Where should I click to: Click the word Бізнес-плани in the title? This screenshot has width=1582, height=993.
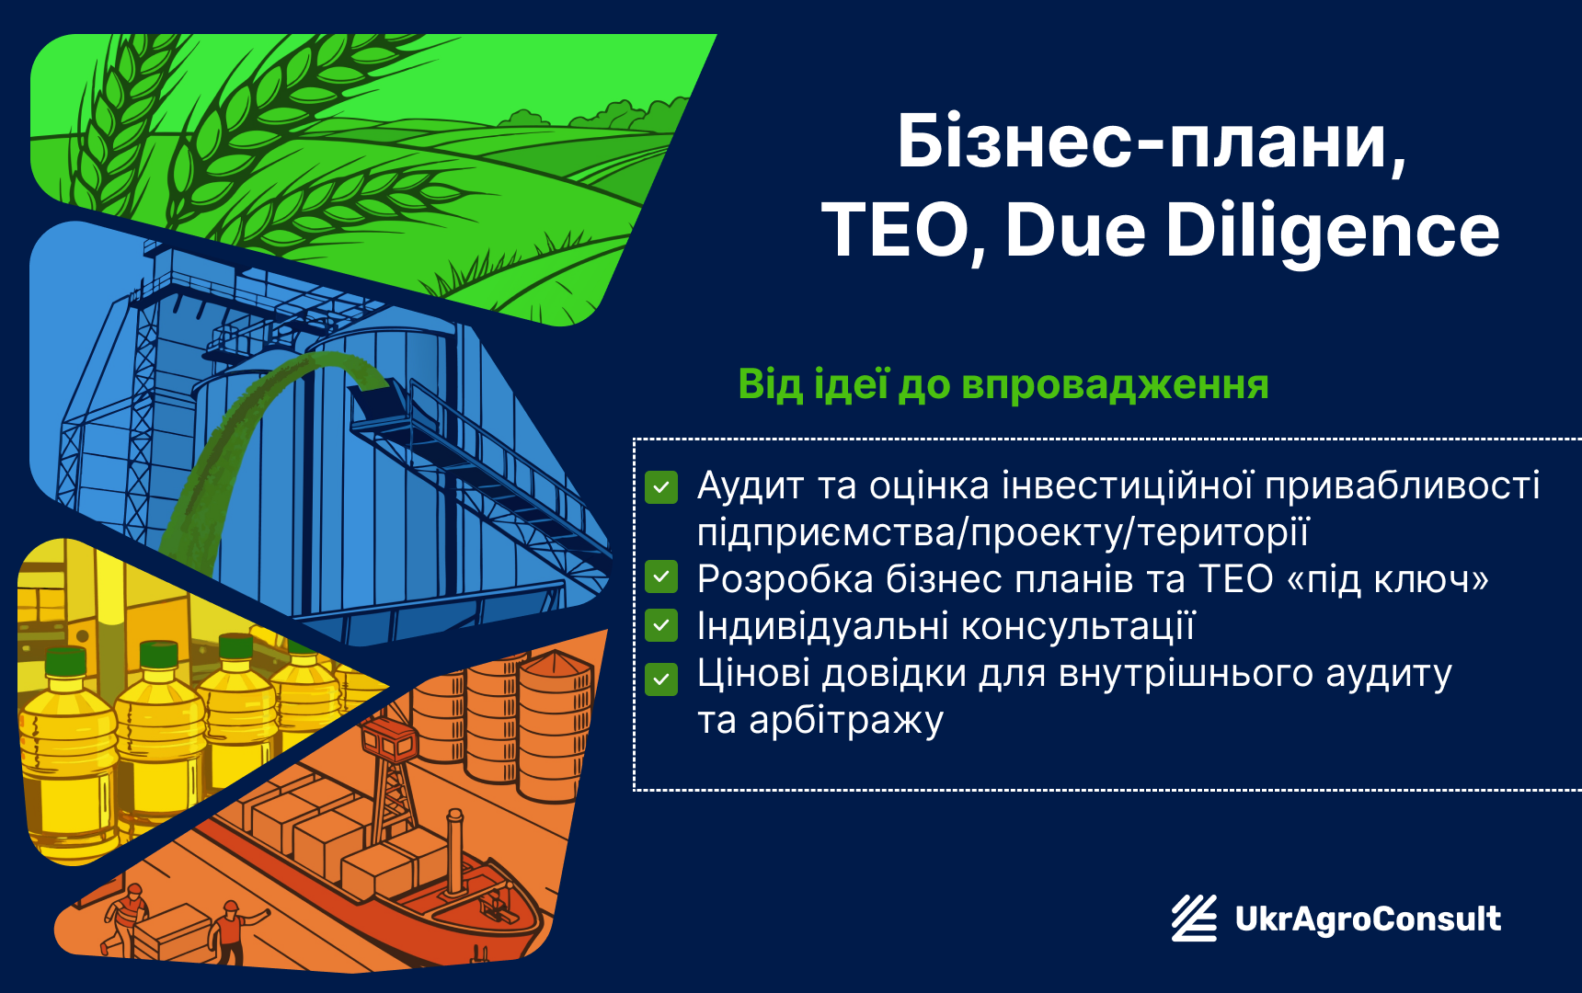[1152, 143]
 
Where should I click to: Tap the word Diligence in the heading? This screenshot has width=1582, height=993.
[1333, 231]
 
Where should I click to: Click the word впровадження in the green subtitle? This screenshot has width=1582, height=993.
[1115, 386]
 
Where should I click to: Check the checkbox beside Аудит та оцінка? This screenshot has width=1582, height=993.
[661, 488]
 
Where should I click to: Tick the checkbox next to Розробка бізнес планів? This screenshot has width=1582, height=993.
[661, 577]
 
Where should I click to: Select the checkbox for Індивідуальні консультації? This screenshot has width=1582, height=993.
[661, 625]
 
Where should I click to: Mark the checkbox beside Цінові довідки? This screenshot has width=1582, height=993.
[661, 679]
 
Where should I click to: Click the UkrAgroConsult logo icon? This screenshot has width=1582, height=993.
[1194, 918]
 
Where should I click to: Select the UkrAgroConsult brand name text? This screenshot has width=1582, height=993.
[1368, 919]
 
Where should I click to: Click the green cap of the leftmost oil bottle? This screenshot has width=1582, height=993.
[65, 661]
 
